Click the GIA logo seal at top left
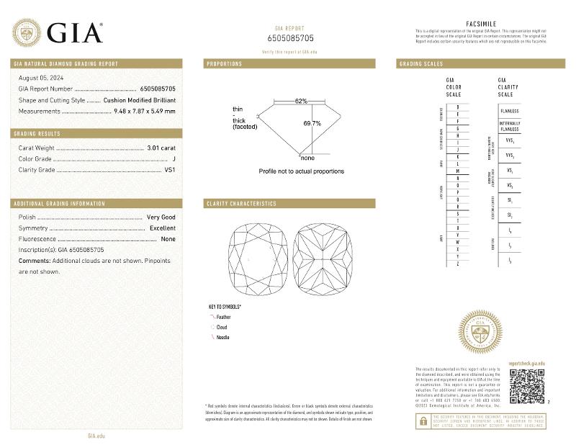26,32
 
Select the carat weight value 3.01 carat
161,148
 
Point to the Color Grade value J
174,159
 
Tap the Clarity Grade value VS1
171,171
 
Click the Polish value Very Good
161,217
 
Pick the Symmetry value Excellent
162,228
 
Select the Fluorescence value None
168,238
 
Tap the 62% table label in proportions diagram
300,101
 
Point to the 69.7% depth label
312,124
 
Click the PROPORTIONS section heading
224,64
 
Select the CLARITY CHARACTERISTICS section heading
241,204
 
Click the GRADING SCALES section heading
421,64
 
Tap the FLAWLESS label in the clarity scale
509,112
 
